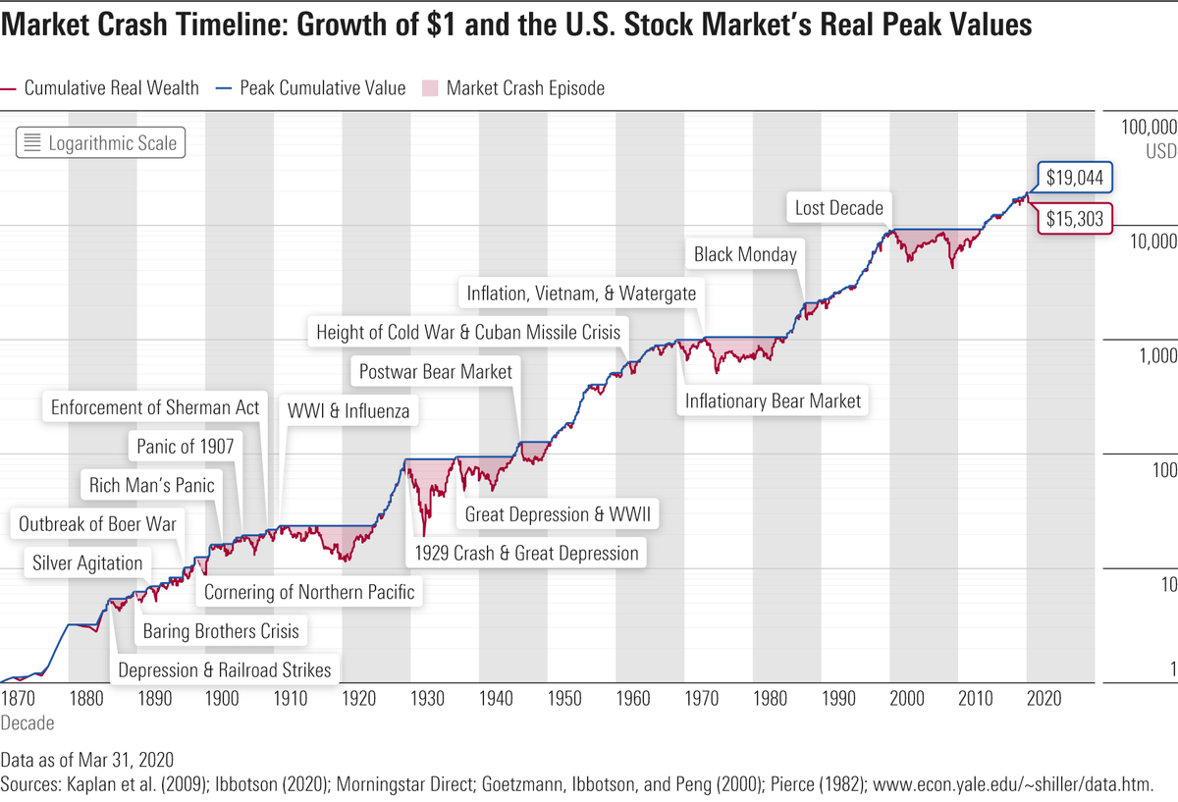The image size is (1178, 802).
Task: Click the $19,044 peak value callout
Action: tap(1075, 179)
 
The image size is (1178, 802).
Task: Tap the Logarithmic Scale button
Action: tap(100, 143)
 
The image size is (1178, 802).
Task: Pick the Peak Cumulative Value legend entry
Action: tap(312, 88)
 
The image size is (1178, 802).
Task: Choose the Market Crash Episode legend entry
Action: tap(513, 88)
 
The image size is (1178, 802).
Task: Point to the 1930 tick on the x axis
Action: tap(427, 698)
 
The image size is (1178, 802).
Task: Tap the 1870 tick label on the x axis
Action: tap(18, 698)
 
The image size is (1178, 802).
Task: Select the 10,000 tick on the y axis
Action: tap(1148, 242)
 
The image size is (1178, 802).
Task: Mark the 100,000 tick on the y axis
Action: tap(1148, 129)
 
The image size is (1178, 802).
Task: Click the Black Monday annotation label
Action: tap(745, 254)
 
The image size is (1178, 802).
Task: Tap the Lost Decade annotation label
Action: tap(839, 207)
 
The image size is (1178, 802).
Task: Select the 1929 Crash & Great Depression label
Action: tap(526, 553)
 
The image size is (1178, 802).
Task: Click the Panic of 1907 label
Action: tap(186, 447)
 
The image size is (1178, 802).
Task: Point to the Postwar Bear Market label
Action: tap(435, 372)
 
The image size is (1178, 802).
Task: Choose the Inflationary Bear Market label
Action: tap(773, 401)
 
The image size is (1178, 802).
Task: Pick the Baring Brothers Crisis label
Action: tap(221, 630)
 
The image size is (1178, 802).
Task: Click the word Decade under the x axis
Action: tap(27, 722)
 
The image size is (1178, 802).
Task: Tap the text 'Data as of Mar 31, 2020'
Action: tap(87, 760)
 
